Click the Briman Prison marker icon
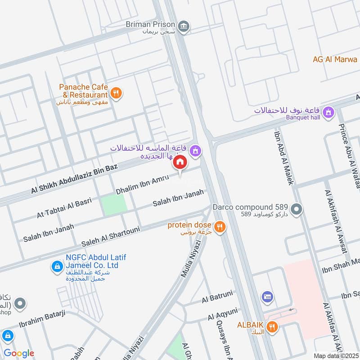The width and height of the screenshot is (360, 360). [x=184, y=26]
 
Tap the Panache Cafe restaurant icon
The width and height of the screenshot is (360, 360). [x=117, y=93]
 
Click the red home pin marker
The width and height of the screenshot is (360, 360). [x=180, y=162]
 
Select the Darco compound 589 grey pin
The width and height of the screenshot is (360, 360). [x=296, y=209]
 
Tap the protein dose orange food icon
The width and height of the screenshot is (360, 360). [x=220, y=227]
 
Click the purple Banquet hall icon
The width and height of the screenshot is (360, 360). [x=329, y=111]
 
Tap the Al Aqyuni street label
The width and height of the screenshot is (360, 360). [x=222, y=314]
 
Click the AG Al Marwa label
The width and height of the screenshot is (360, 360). [x=336, y=59]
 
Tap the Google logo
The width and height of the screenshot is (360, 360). [x=18, y=353]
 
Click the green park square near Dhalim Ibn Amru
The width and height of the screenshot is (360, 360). [x=113, y=205]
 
